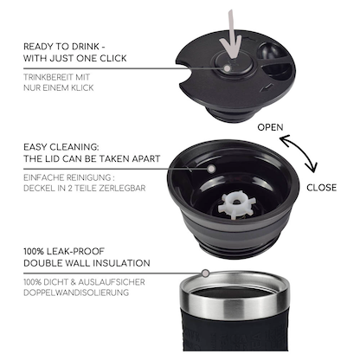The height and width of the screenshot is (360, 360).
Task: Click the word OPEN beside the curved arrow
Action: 270,127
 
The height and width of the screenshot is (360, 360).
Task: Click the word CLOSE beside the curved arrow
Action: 321,188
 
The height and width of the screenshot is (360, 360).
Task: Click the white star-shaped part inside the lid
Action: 234,205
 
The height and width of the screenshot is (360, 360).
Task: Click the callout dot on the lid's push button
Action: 228,68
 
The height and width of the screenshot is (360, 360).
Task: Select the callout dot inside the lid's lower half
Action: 211,169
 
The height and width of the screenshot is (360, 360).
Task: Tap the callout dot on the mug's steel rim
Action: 205,273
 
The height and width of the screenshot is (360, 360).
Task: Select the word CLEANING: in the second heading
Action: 74,147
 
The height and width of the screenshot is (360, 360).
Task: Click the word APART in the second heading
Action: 146,158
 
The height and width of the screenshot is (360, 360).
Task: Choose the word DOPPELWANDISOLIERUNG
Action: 76,292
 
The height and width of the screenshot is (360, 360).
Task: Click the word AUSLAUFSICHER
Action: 112,282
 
